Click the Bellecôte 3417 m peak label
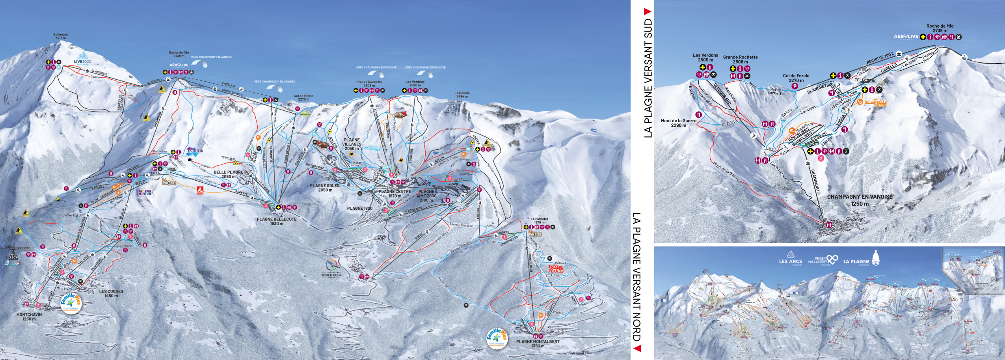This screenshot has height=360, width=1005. (60, 36)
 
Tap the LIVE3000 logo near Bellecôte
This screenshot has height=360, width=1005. (82, 58)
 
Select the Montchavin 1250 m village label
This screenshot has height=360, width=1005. (29, 317)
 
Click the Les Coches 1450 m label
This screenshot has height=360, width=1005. (111, 293)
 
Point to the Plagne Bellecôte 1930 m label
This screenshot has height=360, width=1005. (277, 221)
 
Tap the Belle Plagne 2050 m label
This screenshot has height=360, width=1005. (228, 174)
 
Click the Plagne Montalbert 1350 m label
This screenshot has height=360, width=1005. (538, 343)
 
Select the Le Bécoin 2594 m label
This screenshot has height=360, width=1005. (462, 95)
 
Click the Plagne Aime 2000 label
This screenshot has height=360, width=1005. (426, 196)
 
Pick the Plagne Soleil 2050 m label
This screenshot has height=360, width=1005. (325, 188)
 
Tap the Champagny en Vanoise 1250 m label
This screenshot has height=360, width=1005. (860, 200)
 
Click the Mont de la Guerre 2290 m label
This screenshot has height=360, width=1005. (678, 123)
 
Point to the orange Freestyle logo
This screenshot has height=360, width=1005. (875, 103)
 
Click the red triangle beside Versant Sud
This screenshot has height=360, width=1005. (647, 12)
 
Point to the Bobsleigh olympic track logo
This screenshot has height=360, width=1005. (331, 269)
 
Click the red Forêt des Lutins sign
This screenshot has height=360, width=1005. (556, 269)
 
